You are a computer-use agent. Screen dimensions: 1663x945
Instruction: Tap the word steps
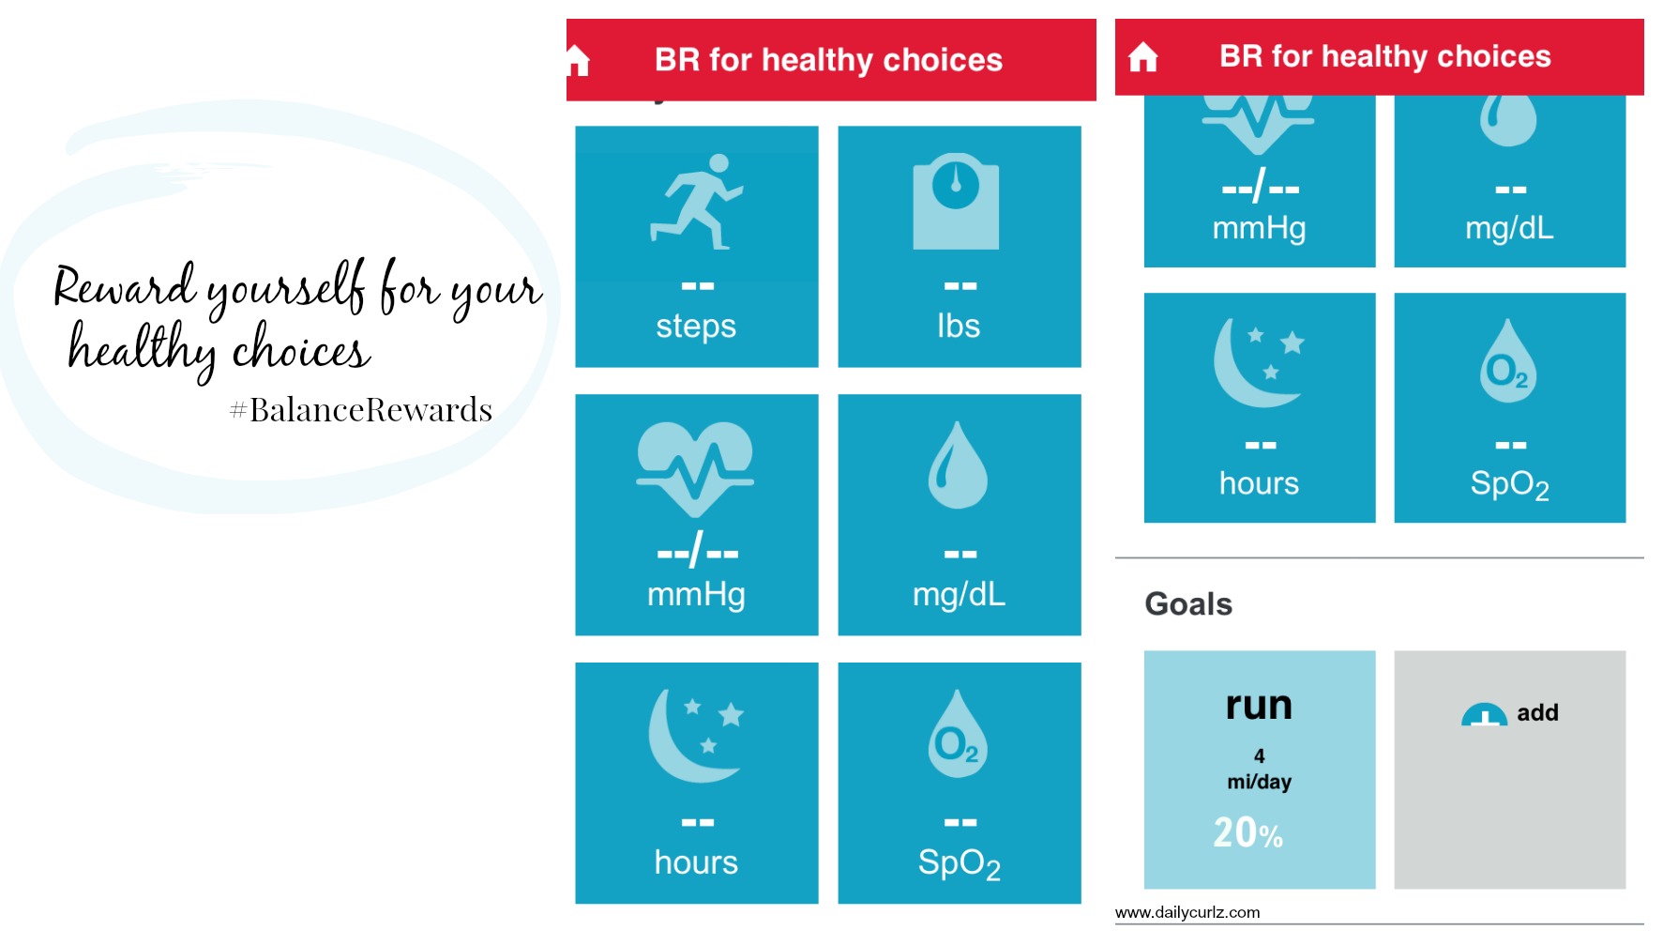696,327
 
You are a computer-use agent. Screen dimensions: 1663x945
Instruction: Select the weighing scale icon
956,202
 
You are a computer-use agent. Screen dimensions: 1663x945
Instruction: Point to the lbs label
959,326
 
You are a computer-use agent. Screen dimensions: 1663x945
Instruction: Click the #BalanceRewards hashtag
361,410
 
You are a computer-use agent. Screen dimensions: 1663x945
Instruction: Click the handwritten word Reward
124,286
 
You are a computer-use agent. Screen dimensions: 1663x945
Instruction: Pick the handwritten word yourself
286,289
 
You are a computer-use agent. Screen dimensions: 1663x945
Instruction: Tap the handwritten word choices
301,351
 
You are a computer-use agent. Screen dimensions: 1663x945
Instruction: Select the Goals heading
1188,603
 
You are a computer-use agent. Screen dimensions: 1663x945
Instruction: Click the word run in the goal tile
1259,706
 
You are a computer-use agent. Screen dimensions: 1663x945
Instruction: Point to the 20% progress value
1247,832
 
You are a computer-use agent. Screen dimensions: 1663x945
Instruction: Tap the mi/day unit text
1259,782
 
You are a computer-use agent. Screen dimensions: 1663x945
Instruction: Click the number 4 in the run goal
1259,755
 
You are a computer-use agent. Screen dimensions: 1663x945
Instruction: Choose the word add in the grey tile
1537,713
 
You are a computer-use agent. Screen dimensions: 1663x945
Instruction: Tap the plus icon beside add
1484,715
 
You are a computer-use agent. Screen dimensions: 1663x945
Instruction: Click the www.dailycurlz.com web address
1187,912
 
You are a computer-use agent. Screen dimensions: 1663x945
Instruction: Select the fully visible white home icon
1142,57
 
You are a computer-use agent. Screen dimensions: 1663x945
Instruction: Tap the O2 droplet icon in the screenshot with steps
958,734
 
